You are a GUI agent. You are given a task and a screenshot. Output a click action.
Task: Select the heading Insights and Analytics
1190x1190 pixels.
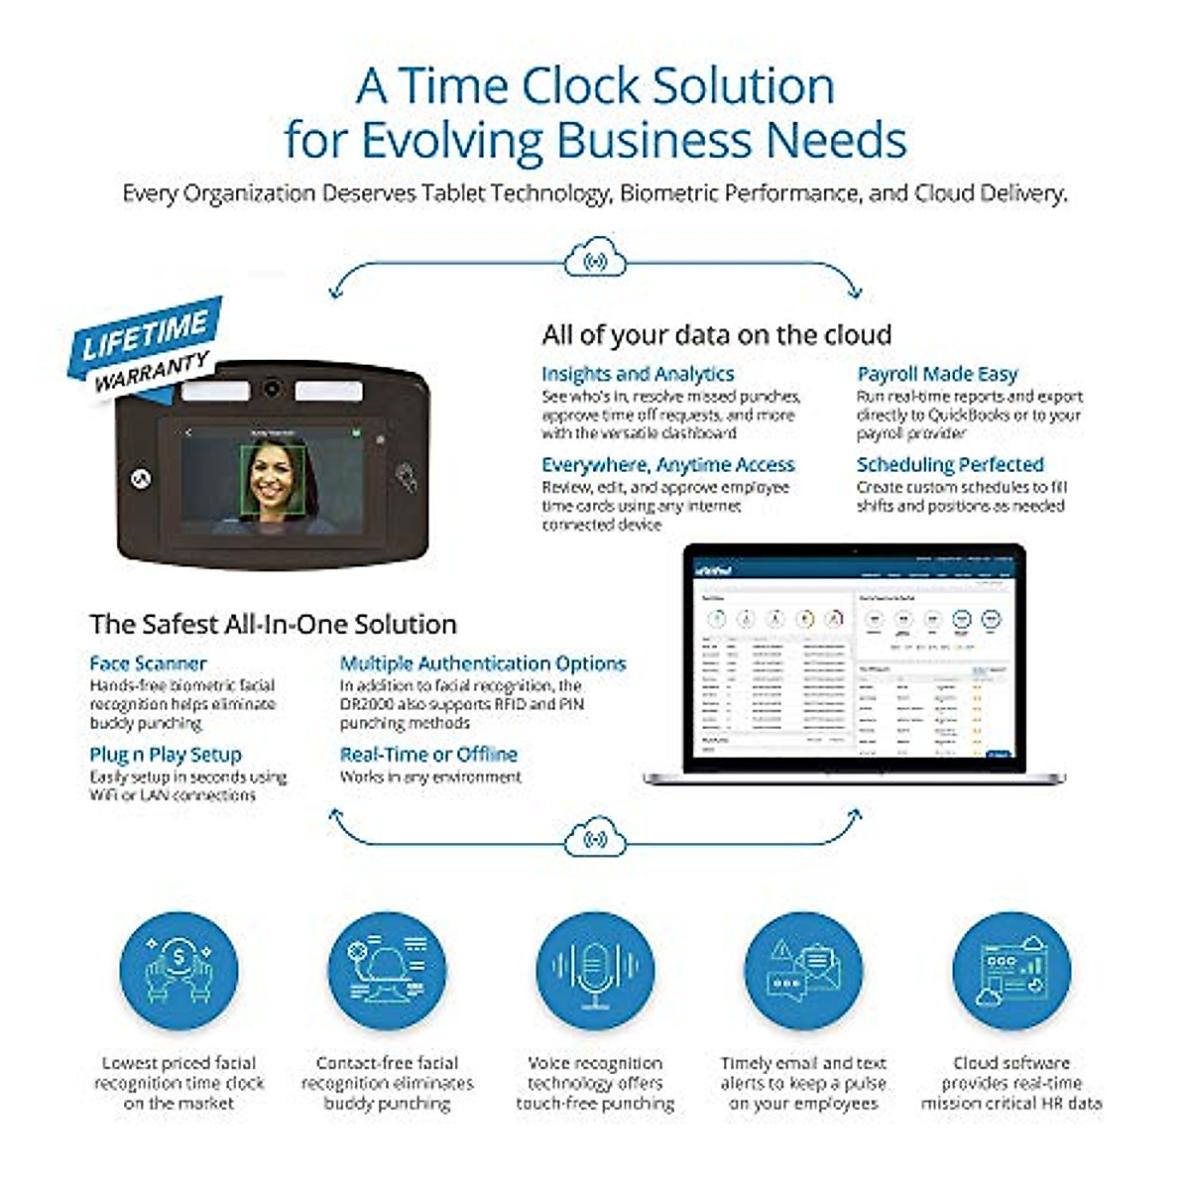coord(638,374)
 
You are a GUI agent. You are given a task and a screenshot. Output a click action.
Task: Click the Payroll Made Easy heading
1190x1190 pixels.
coord(937,374)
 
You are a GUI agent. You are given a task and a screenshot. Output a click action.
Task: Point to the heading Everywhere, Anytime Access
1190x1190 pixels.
coord(667,464)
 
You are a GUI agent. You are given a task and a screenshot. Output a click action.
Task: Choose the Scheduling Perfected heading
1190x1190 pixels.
coord(949,464)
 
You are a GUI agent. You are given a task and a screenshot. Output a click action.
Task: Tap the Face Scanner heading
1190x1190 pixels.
coord(148,663)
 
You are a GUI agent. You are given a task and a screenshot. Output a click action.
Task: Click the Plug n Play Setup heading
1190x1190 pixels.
coord(166,755)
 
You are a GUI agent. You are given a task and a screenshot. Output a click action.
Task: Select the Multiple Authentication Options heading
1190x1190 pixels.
coord(483,663)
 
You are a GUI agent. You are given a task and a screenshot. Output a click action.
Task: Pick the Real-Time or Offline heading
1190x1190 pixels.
coord(428,755)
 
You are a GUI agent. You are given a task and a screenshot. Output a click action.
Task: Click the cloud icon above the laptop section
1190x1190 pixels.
coord(595,260)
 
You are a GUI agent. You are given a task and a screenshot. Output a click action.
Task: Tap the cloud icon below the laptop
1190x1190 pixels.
coord(595,838)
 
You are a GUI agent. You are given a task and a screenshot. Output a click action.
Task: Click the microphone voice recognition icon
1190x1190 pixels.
coord(595,972)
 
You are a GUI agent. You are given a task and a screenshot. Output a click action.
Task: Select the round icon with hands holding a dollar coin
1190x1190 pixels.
coord(178,972)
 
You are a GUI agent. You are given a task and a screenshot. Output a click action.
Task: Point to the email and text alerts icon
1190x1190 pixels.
coord(803,972)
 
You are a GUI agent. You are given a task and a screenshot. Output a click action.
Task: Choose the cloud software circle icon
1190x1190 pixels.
coord(1011,972)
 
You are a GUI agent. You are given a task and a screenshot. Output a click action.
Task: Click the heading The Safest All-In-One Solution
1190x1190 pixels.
coord(273,624)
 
